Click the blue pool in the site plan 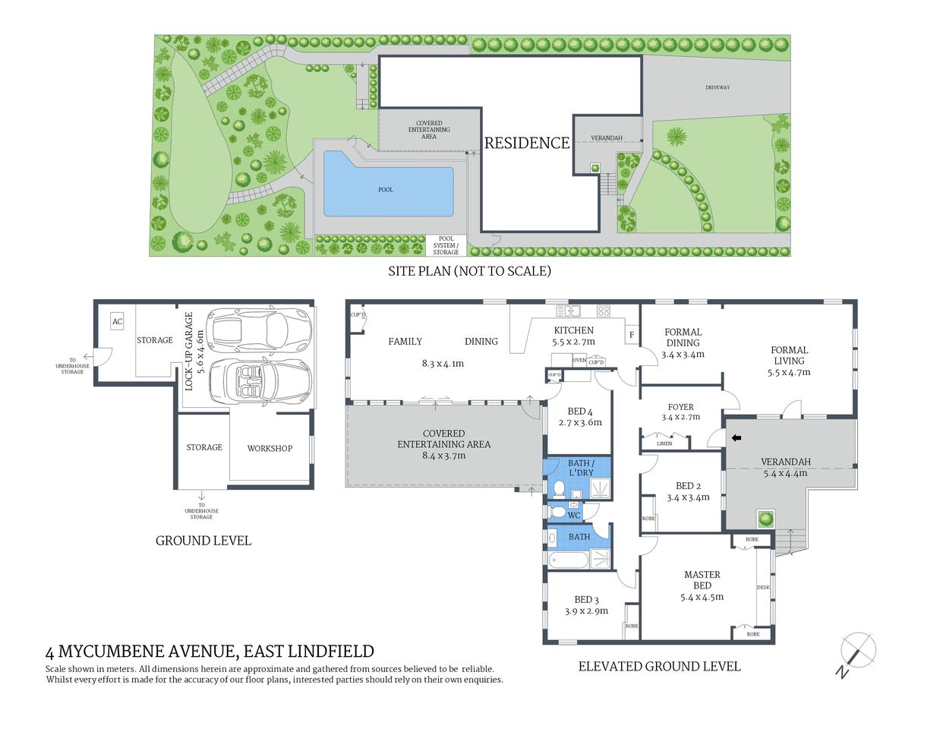(387, 186)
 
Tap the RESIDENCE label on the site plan (527, 143)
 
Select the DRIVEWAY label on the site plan (717, 87)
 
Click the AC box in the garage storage (117, 322)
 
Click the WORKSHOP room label (270, 448)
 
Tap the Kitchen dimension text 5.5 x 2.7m (573, 342)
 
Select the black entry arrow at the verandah (736, 437)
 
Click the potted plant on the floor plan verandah (765, 519)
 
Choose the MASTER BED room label (702, 580)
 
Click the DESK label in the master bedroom (763, 587)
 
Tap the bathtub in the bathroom (568, 560)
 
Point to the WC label (574, 515)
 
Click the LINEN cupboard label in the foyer (664, 443)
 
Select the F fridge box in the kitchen (631, 335)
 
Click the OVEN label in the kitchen (579, 360)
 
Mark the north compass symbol (857, 652)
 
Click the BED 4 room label (579, 412)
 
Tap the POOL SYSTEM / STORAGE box (446, 245)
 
